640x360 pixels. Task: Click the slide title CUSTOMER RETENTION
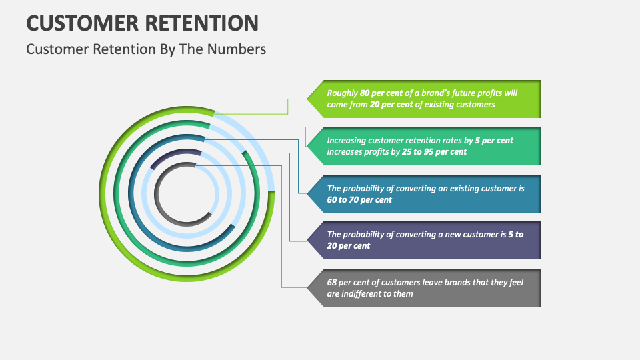[142, 23]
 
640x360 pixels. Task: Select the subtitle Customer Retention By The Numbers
[146, 49]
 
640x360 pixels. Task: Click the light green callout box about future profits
[427, 99]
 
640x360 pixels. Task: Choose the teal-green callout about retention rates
[427, 146]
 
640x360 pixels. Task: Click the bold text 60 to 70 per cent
[359, 200]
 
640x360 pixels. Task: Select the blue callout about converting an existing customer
[427, 194]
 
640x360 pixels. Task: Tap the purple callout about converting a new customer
[427, 240]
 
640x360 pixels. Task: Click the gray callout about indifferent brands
[427, 288]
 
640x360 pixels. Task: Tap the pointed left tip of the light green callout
[309, 99]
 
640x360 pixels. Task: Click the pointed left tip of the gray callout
[309, 288]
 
